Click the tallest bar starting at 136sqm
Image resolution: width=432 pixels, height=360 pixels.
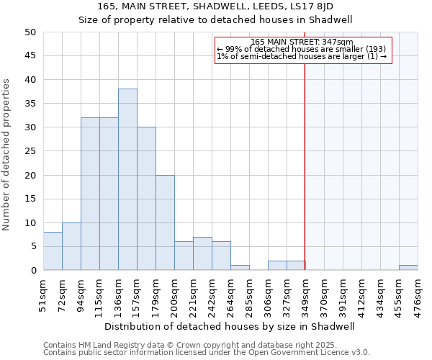point(127,179)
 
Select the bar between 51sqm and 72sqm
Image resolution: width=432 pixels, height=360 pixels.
point(53,251)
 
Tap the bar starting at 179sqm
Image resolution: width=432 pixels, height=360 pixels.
point(165,222)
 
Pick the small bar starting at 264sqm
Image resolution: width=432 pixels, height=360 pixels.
point(240,268)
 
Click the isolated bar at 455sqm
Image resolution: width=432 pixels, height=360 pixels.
point(408,268)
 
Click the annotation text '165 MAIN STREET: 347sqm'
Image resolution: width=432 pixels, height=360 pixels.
point(302,42)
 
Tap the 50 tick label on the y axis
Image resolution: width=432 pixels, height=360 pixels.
point(30,32)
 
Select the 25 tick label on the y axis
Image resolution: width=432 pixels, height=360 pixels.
point(30,151)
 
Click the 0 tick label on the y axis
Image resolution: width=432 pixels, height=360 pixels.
point(33,271)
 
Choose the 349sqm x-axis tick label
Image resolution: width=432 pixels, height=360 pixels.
point(305,294)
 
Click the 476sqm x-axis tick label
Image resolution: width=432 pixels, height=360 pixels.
point(418,294)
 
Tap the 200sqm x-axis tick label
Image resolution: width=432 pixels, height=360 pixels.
point(174,294)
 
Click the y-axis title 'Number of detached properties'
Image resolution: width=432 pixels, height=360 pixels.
point(7,155)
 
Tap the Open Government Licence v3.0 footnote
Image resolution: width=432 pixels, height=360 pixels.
point(206,353)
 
